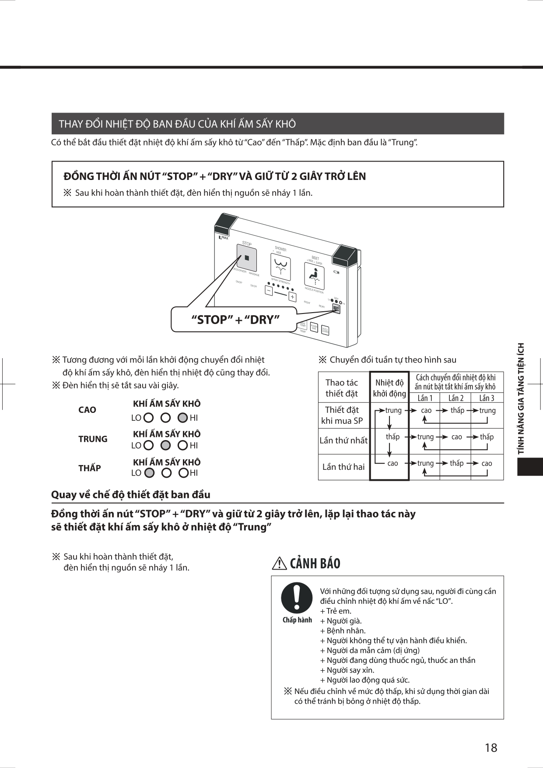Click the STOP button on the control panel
coord(247,258)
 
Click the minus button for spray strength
coord(269,290)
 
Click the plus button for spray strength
coord(292,297)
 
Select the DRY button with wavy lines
coord(336,309)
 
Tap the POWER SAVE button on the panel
coord(314,327)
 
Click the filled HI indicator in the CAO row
coord(183,418)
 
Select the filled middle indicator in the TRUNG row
coord(165,445)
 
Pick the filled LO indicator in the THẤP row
coord(149,473)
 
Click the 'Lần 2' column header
coord(455,398)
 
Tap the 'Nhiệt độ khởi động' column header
coord(389,388)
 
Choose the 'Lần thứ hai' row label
coord(343,467)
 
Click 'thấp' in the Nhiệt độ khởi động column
coord(392,437)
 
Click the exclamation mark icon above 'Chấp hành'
coord(297,598)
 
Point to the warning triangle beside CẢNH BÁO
coord(280,564)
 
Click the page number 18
coord(491,747)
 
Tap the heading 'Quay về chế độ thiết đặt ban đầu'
coord(131,495)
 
